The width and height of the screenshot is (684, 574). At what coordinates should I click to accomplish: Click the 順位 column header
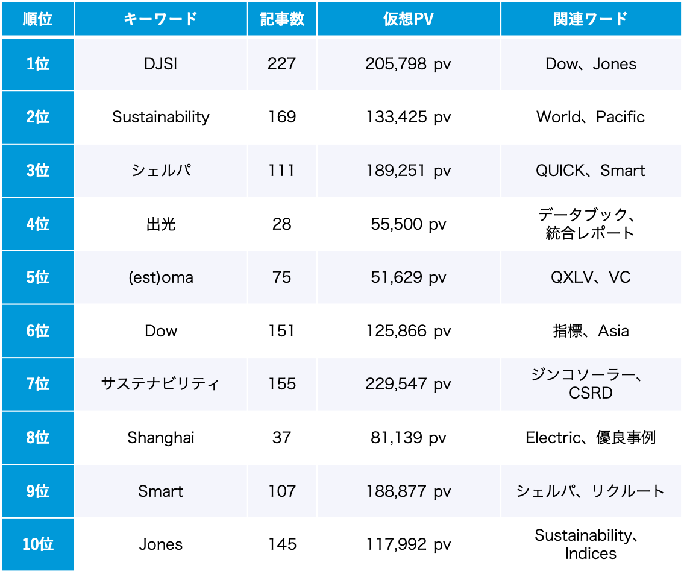point(37,19)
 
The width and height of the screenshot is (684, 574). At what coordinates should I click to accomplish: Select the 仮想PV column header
point(408,19)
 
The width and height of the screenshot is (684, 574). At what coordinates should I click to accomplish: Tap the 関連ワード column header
point(591,19)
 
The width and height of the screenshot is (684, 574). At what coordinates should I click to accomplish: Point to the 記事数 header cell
point(281,19)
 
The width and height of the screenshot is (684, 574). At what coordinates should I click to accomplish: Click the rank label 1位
point(37,64)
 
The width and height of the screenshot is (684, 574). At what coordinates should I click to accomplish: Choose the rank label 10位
point(37,544)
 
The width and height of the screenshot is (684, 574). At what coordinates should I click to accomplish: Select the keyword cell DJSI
point(161,64)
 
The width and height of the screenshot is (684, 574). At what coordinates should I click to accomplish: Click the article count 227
point(281,64)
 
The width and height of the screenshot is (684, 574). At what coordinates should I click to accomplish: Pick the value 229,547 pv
point(408,384)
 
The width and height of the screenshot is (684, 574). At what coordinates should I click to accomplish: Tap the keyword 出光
point(161,224)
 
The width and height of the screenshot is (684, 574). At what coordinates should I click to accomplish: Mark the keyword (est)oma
point(161,277)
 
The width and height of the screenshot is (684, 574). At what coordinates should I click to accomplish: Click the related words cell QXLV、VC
point(591,277)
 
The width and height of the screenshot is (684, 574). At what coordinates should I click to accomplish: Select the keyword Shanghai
point(161,438)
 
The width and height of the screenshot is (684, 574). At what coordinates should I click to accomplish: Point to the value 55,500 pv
point(408,224)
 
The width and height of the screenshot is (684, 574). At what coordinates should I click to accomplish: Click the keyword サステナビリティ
point(161,384)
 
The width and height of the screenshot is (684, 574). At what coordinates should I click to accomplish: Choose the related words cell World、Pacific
point(591,117)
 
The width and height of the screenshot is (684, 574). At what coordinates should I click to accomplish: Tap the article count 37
point(281,438)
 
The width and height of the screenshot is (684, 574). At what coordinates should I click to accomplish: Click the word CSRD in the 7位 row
point(591,393)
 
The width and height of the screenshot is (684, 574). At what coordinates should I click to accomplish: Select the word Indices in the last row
point(591,553)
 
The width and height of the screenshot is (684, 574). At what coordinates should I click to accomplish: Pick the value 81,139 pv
point(408,438)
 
